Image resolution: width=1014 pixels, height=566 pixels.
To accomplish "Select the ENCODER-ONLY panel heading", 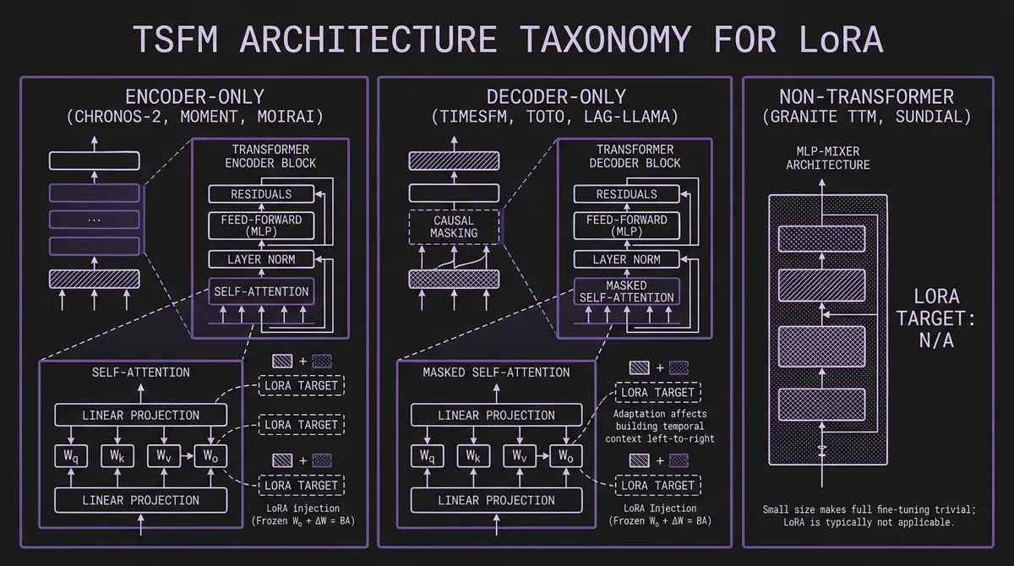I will point(194,95).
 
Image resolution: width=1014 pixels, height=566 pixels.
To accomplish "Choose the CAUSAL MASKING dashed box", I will point(454,226).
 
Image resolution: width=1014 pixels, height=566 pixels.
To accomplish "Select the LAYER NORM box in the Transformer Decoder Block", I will point(626,259).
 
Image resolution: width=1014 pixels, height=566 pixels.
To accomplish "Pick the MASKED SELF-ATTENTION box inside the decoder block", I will point(626,291).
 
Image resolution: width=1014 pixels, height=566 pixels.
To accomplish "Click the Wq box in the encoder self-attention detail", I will point(74,456).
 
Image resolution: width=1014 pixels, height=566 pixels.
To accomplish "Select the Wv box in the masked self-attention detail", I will point(519,456).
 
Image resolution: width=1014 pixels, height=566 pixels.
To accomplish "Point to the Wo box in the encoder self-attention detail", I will point(210,456).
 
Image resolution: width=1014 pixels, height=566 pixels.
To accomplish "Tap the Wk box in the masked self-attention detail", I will point(473,456).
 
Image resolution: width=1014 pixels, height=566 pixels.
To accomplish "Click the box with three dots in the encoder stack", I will point(94,219).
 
